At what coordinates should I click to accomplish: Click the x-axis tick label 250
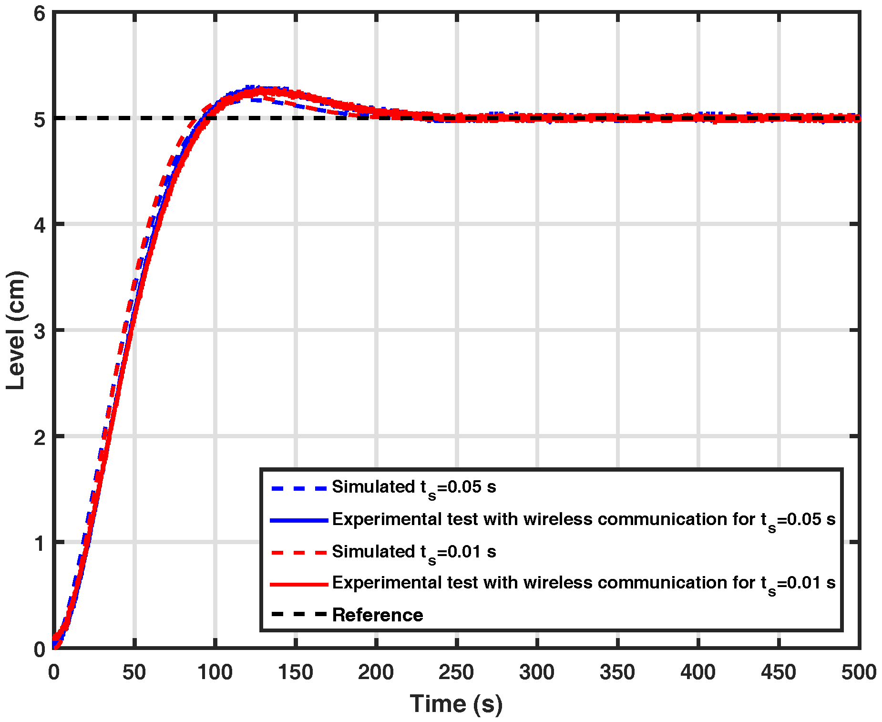click(456, 672)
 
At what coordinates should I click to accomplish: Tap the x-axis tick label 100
click(215, 672)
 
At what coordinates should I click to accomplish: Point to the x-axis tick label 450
click(779, 672)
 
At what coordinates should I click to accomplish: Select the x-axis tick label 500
click(859, 672)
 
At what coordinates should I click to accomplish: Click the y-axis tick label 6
click(40, 13)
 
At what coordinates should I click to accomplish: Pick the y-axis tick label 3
click(40, 330)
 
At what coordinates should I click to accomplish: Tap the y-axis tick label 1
click(40, 543)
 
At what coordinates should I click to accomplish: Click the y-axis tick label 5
click(40, 119)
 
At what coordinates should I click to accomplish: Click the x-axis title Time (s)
click(456, 704)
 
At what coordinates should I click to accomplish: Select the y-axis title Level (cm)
click(16, 330)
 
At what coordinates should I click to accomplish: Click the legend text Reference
click(378, 615)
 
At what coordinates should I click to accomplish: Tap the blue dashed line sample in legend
click(299, 488)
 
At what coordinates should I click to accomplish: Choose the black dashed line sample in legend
click(299, 615)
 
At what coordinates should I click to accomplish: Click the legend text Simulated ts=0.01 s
click(414, 552)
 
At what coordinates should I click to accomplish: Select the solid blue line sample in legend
click(299, 520)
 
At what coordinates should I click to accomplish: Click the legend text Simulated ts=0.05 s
click(414, 487)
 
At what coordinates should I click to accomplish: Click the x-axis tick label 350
click(617, 672)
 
